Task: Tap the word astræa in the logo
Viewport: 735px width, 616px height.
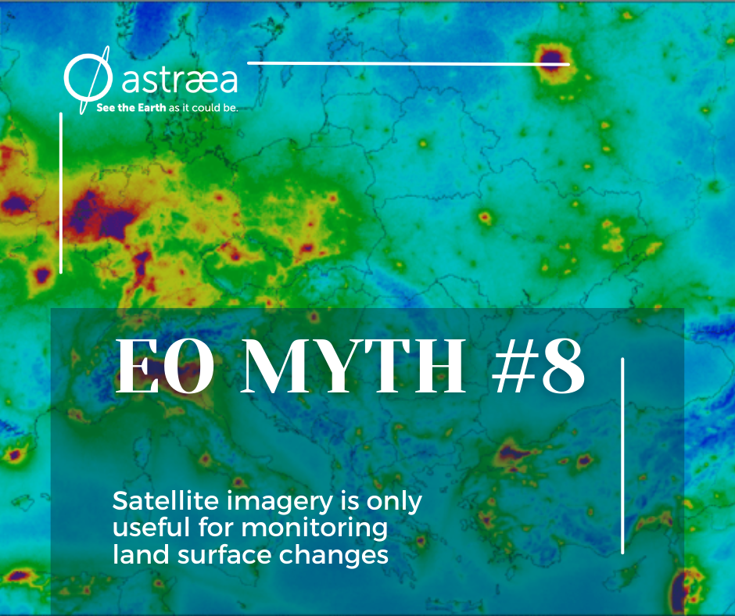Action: click(180, 80)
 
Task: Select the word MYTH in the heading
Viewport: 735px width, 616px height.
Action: click(353, 366)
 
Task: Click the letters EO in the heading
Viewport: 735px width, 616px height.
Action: click(165, 366)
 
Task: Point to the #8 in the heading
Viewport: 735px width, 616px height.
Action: click(539, 366)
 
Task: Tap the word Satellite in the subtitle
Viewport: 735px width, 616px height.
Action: click(166, 501)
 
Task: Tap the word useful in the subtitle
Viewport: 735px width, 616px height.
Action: click(152, 528)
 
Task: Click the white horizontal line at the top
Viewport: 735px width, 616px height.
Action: click(408, 63)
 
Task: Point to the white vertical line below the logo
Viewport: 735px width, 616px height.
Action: click(61, 192)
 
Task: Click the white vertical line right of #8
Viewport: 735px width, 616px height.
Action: click(622, 456)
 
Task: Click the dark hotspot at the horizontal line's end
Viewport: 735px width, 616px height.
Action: click(553, 57)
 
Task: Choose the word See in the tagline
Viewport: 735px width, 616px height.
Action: click(106, 107)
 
